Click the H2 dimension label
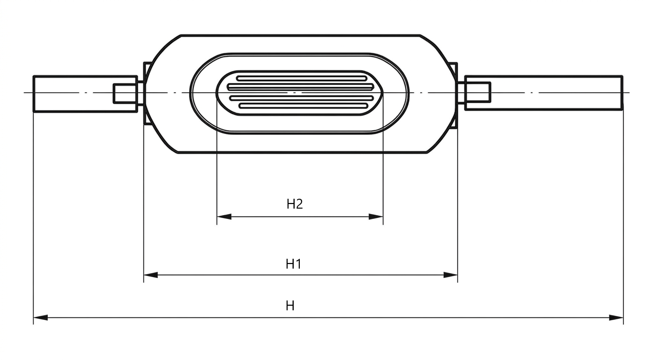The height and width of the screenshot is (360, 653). click(295, 204)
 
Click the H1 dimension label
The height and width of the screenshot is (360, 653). click(293, 264)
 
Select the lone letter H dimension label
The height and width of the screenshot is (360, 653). click(290, 306)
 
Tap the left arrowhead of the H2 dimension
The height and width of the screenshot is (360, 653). click(224, 217)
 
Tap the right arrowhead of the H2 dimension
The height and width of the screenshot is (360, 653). click(376, 217)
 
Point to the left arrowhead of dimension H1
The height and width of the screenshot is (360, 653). click(151, 275)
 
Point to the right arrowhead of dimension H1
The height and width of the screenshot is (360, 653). click(450, 275)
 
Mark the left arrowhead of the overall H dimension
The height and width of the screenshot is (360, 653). click(41, 317)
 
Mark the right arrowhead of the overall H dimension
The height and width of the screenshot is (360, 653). click(616, 317)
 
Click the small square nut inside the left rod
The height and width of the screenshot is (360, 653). click(126, 93)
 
